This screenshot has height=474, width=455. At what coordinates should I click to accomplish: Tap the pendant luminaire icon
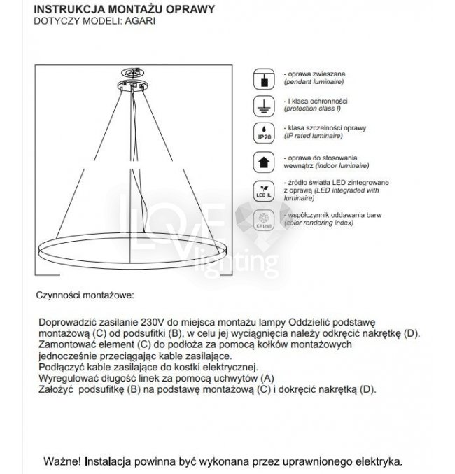pos(265,78)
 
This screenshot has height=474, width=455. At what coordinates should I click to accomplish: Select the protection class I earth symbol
pos(265,106)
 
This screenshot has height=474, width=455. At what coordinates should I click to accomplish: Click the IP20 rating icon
pos(265,133)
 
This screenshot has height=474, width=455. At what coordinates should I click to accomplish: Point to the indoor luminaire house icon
pos(265,162)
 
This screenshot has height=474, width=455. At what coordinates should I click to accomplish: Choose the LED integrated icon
pos(265,190)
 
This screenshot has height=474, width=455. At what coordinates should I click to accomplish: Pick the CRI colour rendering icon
pos(265,218)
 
